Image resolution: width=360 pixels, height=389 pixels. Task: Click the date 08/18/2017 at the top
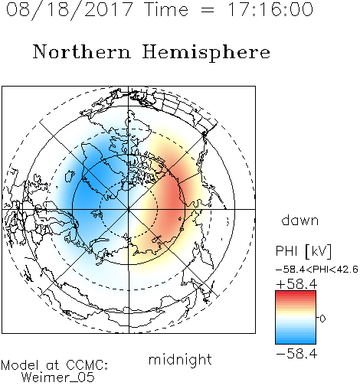(x=70, y=10)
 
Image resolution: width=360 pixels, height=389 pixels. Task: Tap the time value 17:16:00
(x=270, y=9)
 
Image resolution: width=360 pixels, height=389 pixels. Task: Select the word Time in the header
(x=166, y=9)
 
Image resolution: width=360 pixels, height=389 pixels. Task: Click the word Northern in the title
(x=82, y=51)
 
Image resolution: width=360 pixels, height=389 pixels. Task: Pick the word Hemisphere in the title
(x=206, y=53)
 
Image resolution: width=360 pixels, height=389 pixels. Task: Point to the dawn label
(x=300, y=220)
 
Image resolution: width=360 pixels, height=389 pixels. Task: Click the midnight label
(x=180, y=359)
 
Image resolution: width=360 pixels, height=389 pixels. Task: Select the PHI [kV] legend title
(x=303, y=251)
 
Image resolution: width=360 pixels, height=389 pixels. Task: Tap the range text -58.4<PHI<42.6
(x=317, y=270)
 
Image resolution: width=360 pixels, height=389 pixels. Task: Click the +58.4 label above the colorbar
(x=296, y=284)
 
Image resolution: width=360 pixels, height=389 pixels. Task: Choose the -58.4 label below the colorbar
(x=296, y=354)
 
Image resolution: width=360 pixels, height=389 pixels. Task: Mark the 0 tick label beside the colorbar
(x=322, y=319)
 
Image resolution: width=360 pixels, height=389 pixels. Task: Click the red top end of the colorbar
(x=296, y=293)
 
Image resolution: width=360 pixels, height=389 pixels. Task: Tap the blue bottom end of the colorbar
(x=296, y=342)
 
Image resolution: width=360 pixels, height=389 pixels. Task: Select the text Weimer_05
(x=58, y=378)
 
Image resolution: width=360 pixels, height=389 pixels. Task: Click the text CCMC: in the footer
(x=87, y=364)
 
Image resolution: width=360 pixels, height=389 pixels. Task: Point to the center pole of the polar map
(x=129, y=209)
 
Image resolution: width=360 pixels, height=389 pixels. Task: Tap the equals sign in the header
(x=208, y=10)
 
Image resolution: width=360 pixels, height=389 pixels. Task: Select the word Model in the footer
(x=20, y=364)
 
